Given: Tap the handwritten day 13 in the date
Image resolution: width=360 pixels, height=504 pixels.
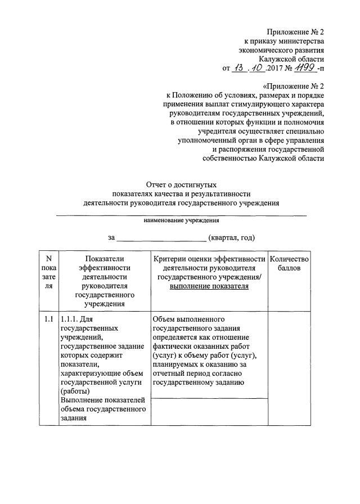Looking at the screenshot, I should pyautogui.click(x=241, y=68).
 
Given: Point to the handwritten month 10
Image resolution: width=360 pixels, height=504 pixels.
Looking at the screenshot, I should pyautogui.click(x=261, y=68).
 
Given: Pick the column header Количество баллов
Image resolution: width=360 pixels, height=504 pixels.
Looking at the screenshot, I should pyautogui.click(x=289, y=263).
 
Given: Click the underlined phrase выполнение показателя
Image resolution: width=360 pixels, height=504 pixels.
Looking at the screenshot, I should pyautogui.click(x=209, y=286).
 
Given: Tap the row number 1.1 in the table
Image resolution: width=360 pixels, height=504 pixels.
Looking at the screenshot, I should pyautogui.click(x=48, y=319).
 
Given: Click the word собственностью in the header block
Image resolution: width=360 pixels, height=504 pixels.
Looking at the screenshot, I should pyautogui.click(x=229, y=159).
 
